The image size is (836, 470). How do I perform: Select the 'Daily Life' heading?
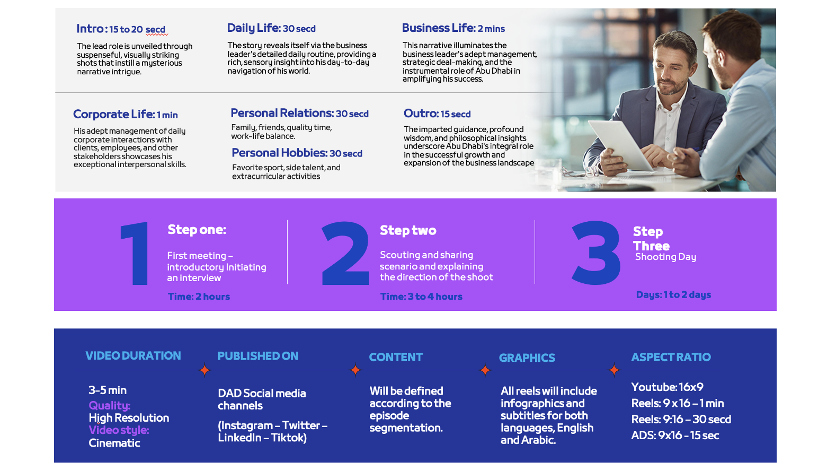(253, 28)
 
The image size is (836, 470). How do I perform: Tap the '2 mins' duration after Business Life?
(491, 29)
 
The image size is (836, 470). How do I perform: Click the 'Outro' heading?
(420, 114)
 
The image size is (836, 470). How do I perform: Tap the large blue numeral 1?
(135, 253)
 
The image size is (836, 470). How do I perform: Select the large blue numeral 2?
(345, 253)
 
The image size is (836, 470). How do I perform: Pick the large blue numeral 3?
(596, 253)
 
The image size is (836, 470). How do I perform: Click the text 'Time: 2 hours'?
(199, 297)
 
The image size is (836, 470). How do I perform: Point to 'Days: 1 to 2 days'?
(673, 295)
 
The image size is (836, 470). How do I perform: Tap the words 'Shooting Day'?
(665, 257)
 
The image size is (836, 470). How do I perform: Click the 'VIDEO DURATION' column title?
(133, 355)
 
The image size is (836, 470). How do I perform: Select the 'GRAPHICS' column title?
(527, 358)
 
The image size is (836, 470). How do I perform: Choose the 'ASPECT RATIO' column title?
(671, 357)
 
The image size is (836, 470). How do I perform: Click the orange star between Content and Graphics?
(485, 370)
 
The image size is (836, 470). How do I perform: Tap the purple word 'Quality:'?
(109, 405)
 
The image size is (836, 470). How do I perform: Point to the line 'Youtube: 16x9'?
(668, 387)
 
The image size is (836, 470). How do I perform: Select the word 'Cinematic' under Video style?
(114, 443)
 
